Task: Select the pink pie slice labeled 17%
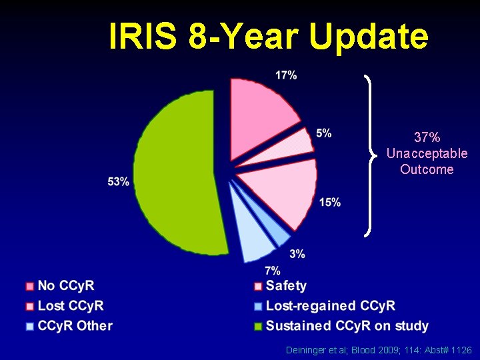pyautogui.click(x=260, y=107)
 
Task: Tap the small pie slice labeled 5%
pyautogui.click(x=297, y=143)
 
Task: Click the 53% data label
pyautogui.click(x=118, y=182)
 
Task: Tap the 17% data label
pyautogui.click(x=286, y=75)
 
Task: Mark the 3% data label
pyautogui.click(x=297, y=253)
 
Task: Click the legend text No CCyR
pyautogui.click(x=66, y=286)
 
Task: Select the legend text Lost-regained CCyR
pyautogui.click(x=330, y=306)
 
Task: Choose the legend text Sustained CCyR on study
pyautogui.click(x=347, y=326)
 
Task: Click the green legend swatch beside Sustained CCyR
pyautogui.click(x=257, y=327)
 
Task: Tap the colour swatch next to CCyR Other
pyautogui.click(x=29, y=327)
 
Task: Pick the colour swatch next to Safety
pyautogui.click(x=257, y=287)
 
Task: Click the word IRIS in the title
pyautogui.click(x=143, y=37)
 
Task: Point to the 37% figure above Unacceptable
pyautogui.click(x=427, y=138)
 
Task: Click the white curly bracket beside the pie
pyautogui.click(x=370, y=155)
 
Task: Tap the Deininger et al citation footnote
pyautogui.click(x=379, y=350)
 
